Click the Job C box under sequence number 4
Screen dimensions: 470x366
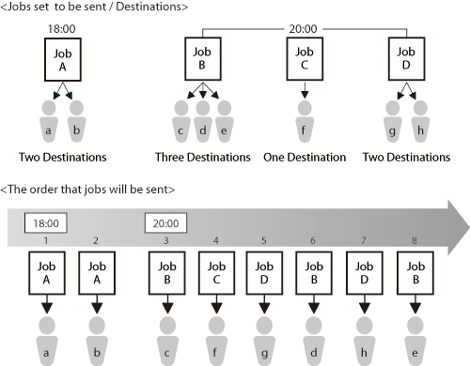[216, 273]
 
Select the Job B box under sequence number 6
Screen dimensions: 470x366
[314, 273]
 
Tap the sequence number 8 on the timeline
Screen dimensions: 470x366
[415, 240]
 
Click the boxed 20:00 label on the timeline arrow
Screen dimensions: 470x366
[165, 223]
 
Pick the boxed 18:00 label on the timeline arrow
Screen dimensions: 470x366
[46, 223]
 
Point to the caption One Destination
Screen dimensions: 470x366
[305, 157]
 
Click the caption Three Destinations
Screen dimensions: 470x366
[203, 157]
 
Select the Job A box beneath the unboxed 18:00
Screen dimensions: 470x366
[63, 59]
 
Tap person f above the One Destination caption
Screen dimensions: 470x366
[305, 121]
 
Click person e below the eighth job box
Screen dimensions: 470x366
[415, 341]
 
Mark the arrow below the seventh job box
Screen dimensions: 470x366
[364, 304]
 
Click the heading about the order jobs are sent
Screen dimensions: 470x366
[87, 190]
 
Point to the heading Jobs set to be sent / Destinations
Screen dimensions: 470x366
[94, 7]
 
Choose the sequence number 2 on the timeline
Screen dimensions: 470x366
[96, 240]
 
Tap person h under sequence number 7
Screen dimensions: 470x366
[364, 341]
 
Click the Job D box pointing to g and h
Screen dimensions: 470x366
[406, 59]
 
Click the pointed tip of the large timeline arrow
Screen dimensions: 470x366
[469, 227]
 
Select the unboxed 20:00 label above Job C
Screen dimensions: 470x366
[303, 29]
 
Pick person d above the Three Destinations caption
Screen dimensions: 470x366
[203, 121]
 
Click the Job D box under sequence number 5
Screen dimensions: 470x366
[264, 273]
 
